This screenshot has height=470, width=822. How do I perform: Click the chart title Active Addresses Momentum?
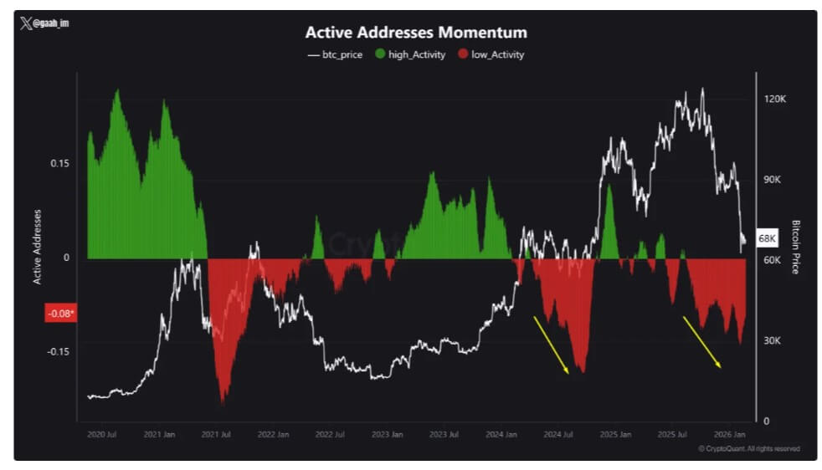416,33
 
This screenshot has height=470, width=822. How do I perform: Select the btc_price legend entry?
336,54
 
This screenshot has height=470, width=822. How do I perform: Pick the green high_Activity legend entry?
409,54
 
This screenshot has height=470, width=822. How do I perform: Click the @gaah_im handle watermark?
45,23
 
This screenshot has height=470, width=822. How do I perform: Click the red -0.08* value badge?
59,314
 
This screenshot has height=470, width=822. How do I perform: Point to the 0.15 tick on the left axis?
59,163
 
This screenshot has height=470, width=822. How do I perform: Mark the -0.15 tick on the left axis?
57,351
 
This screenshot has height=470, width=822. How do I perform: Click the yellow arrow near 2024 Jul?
552,345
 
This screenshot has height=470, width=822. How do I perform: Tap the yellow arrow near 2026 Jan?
701,341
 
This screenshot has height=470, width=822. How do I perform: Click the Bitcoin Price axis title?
795,247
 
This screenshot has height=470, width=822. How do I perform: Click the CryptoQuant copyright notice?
748,449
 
